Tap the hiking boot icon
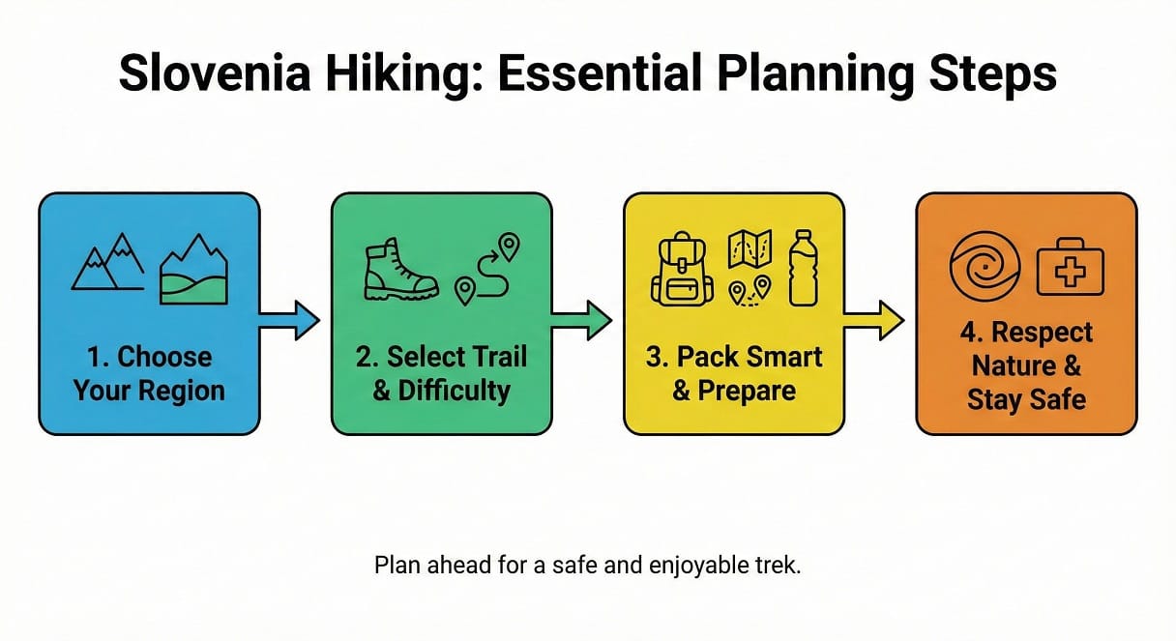(x=399, y=272)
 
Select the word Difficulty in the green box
(x=455, y=390)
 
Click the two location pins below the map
(x=750, y=288)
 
